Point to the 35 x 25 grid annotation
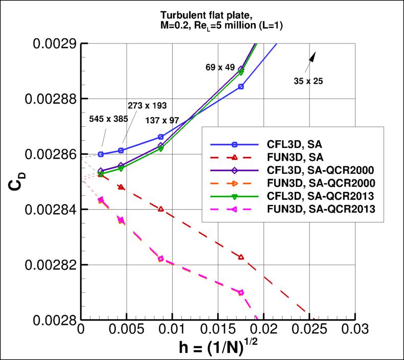tap(308, 80)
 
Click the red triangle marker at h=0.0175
tap(241, 257)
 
